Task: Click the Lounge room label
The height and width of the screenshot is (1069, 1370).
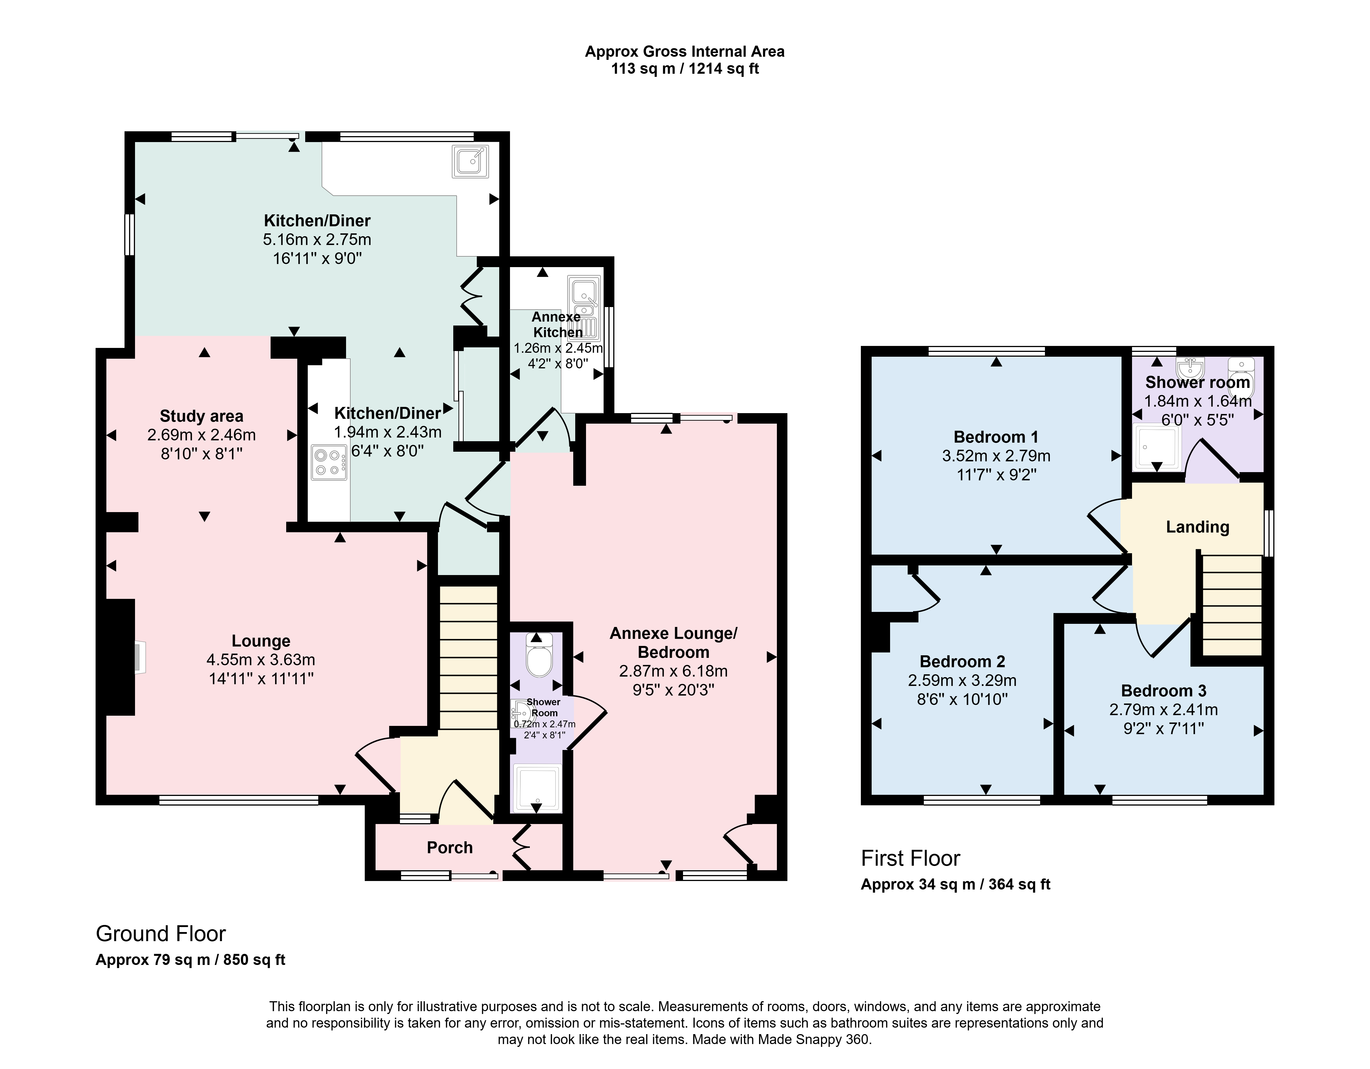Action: pyautogui.click(x=261, y=641)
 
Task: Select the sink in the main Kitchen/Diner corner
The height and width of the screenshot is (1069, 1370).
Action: pyautogui.click(x=470, y=161)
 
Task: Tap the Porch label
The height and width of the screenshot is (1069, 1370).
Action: pyautogui.click(x=450, y=848)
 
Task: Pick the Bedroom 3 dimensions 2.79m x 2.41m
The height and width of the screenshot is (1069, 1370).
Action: pyautogui.click(x=1164, y=710)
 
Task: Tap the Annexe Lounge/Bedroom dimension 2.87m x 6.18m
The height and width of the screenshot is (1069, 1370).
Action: pyautogui.click(x=673, y=671)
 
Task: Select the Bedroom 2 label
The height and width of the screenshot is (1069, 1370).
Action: pyautogui.click(x=962, y=662)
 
